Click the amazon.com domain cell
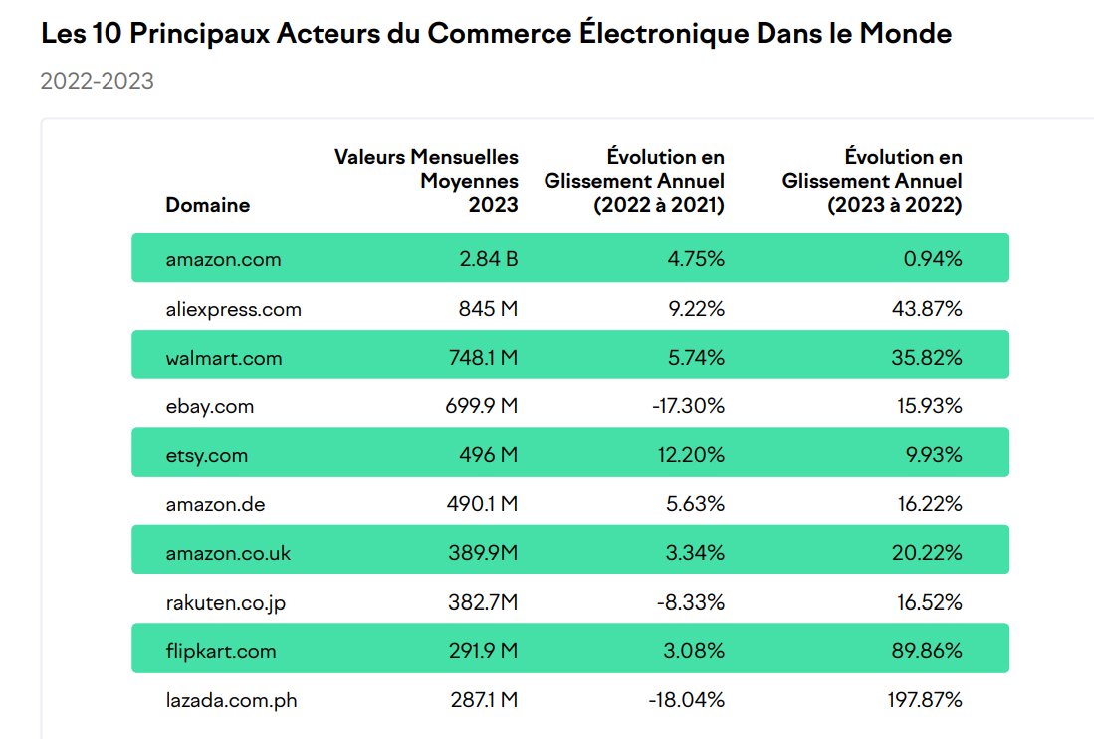coord(223,259)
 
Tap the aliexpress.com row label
coord(233,309)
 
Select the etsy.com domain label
coord(207,455)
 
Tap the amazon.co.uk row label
coord(228,553)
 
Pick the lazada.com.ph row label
coord(231,700)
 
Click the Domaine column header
coord(207,206)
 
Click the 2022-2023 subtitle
coord(97,81)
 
